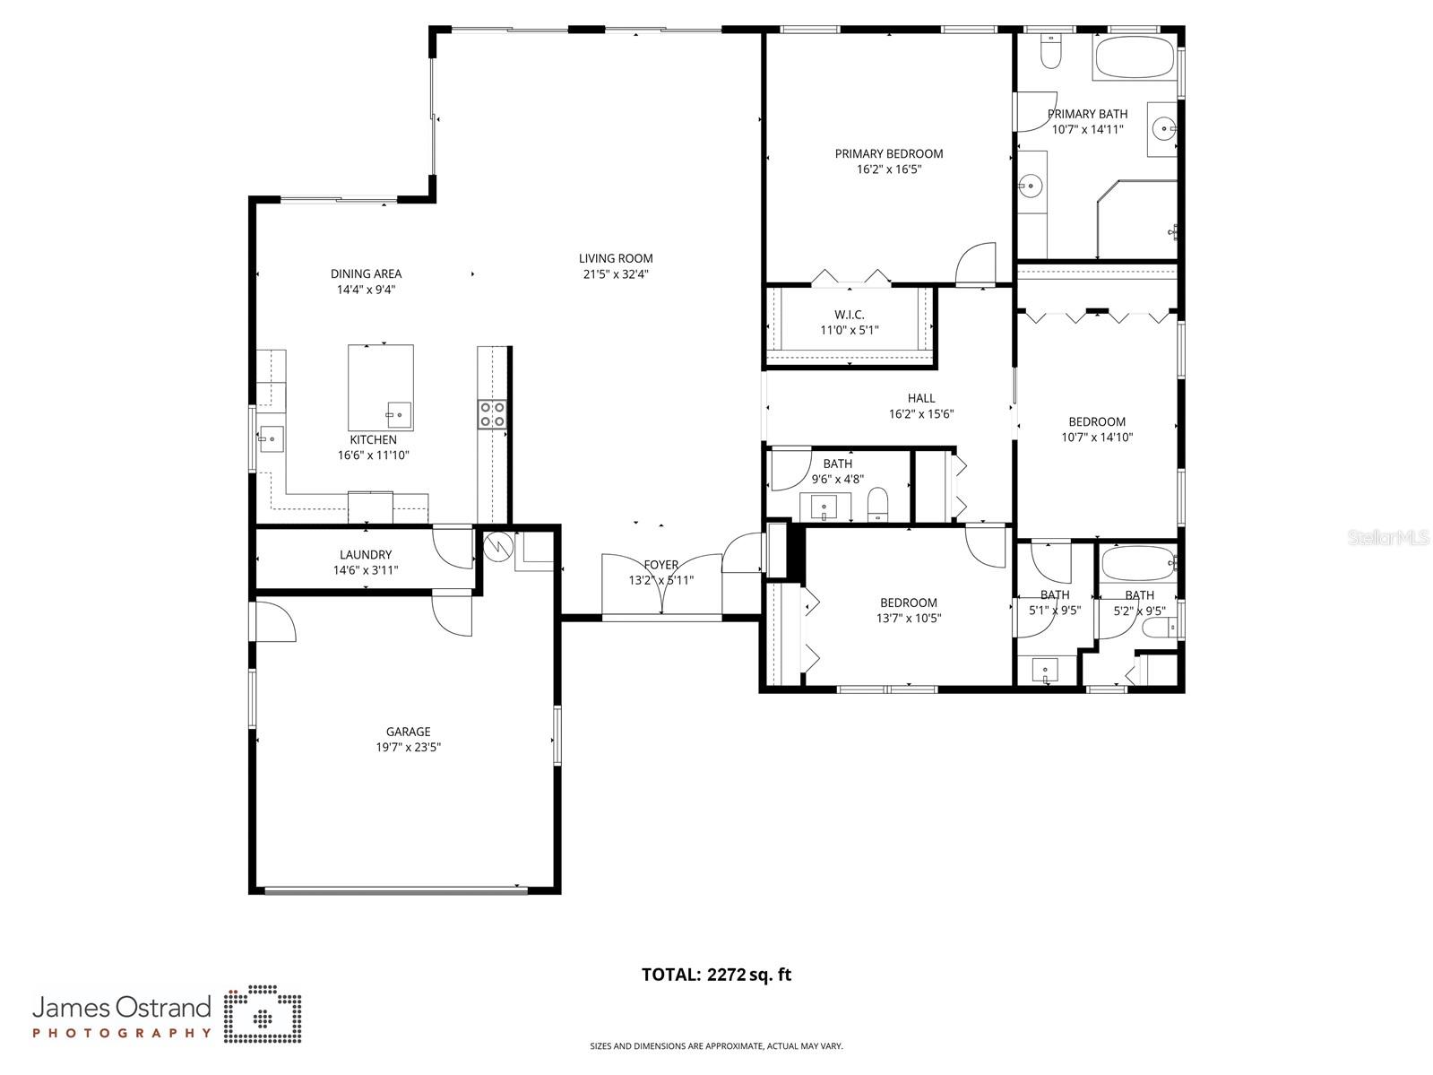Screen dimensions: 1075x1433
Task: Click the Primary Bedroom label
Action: tap(888, 153)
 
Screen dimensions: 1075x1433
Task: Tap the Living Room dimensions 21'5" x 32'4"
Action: tap(616, 274)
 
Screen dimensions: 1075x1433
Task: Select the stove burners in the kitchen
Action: tap(492, 413)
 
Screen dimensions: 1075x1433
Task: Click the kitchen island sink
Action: tap(398, 415)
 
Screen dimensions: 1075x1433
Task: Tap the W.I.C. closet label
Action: tap(849, 314)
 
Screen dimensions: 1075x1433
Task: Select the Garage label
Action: tap(408, 732)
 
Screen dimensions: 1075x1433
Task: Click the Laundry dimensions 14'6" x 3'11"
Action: tap(365, 570)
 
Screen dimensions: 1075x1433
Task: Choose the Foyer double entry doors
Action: tap(661, 585)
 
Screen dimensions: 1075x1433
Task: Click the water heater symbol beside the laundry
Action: tap(496, 546)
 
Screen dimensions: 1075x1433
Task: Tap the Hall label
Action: tap(920, 398)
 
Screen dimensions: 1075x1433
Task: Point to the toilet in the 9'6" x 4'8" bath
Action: tap(877, 504)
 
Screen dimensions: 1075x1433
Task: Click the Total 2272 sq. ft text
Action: tap(716, 975)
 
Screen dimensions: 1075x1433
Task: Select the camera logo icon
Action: tap(263, 1016)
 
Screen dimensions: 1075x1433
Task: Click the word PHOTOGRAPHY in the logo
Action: tap(122, 1033)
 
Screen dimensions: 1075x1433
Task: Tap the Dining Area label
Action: tap(366, 273)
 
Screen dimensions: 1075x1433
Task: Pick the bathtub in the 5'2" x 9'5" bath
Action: tap(1135, 565)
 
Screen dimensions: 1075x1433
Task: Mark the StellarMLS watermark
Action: tap(1389, 537)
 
